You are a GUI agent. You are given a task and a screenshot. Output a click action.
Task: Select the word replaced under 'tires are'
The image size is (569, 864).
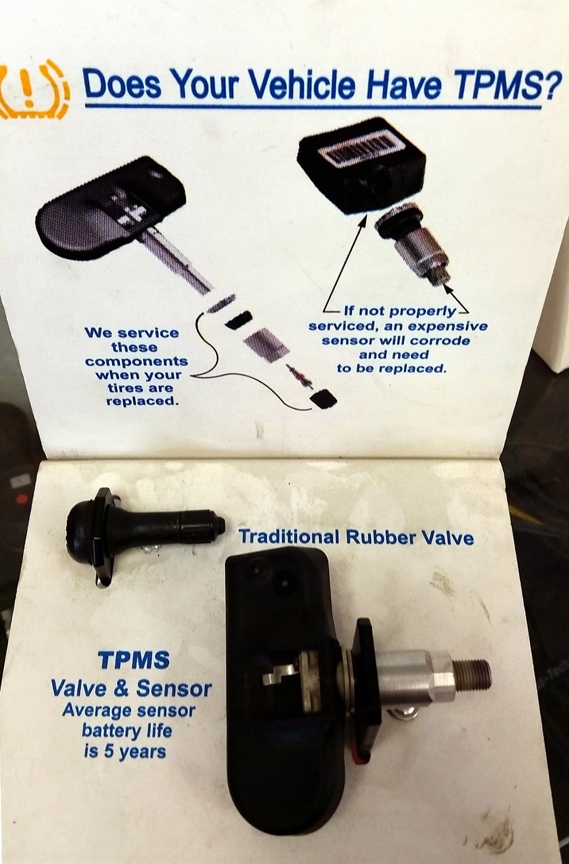point(142,401)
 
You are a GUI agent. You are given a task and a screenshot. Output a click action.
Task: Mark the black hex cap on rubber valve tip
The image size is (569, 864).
point(218,523)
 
